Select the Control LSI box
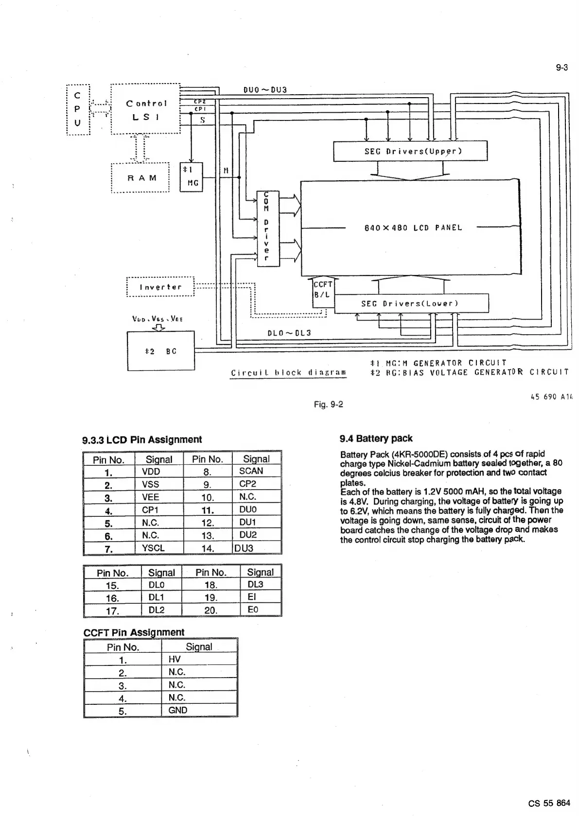coord(146,110)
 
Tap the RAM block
coord(140,178)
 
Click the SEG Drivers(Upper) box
coord(410,151)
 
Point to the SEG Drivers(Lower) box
coord(411,304)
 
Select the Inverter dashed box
coord(160,287)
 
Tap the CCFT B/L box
coord(322,290)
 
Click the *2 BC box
coord(160,351)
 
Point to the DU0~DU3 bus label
coord(265,90)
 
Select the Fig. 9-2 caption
coord(329,404)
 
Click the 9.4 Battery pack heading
coord(376,439)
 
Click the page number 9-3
coord(561,68)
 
